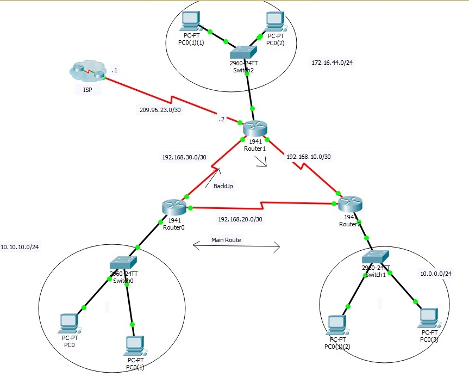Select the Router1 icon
(255, 129)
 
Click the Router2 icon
(349, 205)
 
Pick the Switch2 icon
(243, 53)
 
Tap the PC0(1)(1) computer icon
(190, 21)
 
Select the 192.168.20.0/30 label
(240, 219)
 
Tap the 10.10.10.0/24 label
(20, 247)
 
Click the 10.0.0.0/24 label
(435, 274)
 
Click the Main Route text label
(226, 239)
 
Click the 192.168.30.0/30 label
(184, 157)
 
